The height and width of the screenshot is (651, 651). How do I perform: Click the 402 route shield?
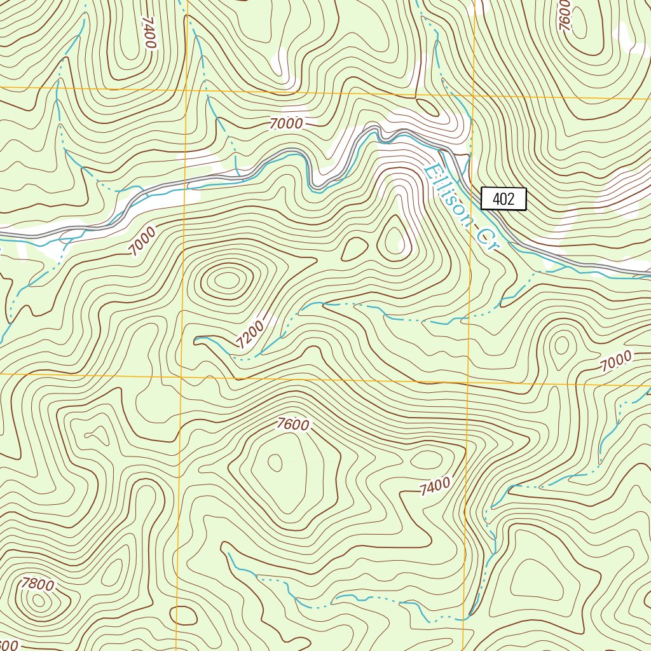click(504, 199)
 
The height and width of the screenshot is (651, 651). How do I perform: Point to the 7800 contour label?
click(37, 583)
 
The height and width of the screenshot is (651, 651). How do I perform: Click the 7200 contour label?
click(249, 334)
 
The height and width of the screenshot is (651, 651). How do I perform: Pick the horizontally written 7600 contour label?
click(292, 425)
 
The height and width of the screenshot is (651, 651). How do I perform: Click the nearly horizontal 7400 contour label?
click(435, 486)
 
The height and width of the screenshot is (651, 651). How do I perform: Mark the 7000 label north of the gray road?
click(285, 125)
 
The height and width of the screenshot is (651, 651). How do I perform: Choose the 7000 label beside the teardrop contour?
click(616, 361)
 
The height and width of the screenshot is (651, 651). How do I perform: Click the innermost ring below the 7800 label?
click(39, 600)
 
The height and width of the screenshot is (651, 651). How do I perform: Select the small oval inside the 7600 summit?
click(275, 462)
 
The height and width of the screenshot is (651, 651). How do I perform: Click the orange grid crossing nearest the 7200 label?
click(182, 376)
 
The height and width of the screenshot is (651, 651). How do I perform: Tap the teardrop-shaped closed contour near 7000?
click(561, 345)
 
